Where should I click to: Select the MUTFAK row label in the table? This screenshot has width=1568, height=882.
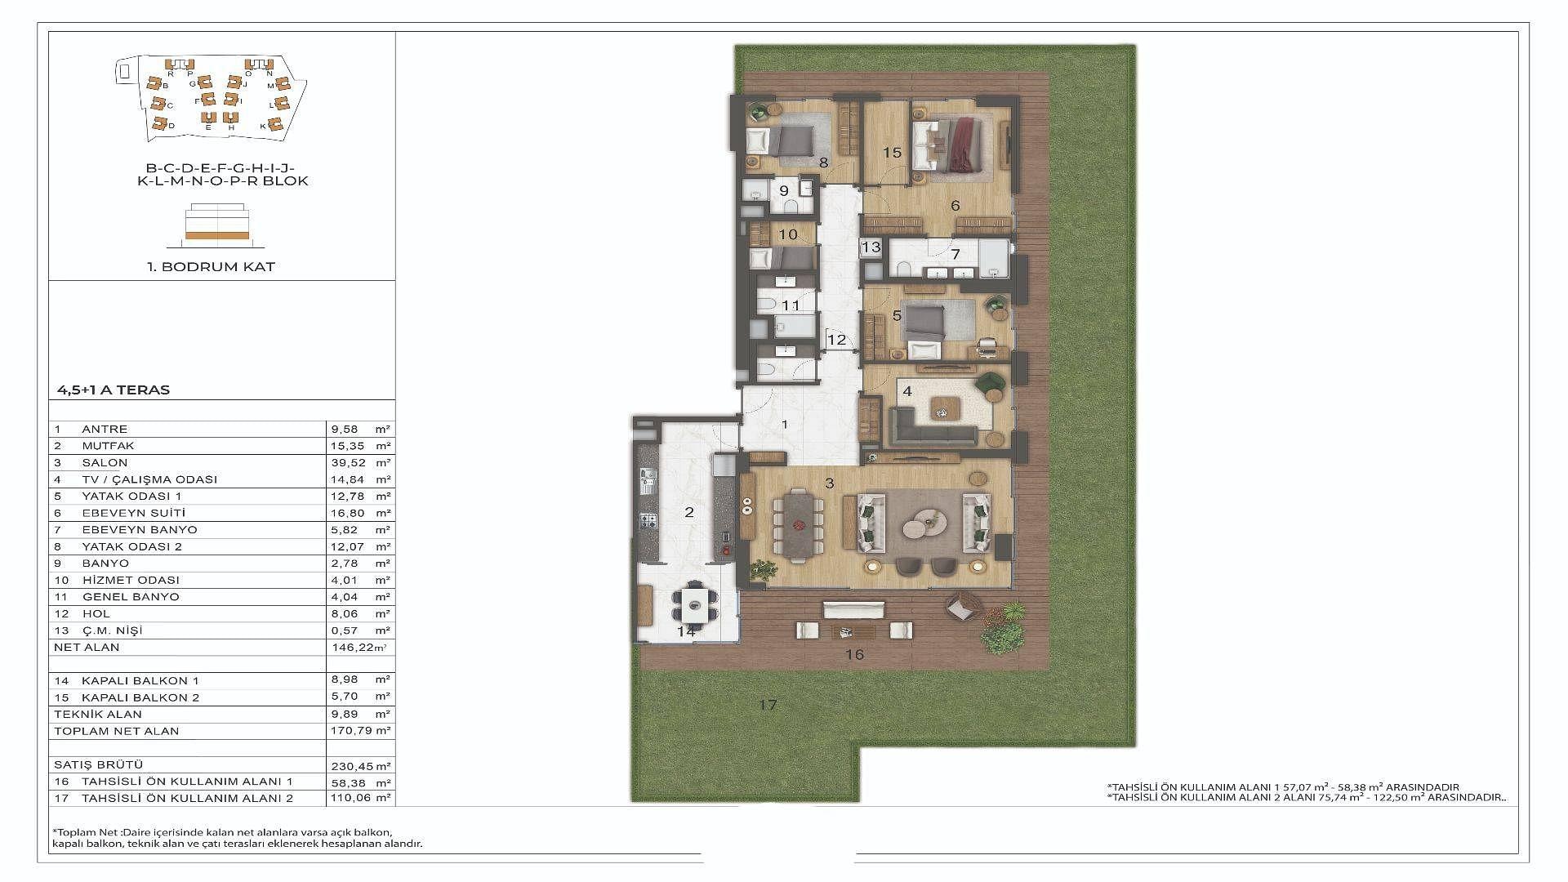tap(108, 446)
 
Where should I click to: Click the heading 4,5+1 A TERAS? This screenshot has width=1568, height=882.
tap(114, 390)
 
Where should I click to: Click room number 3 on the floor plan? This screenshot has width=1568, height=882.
tap(830, 483)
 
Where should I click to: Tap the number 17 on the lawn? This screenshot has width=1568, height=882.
tap(767, 704)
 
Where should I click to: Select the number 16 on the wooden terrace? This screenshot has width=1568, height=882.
tap(854, 654)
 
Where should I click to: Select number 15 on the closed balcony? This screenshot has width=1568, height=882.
tap(892, 153)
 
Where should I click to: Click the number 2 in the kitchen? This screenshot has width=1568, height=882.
tap(689, 512)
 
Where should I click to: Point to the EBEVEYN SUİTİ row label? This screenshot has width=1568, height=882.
tap(134, 513)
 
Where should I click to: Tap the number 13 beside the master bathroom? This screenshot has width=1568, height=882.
tap(871, 247)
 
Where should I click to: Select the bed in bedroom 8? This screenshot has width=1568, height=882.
tap(781, 141)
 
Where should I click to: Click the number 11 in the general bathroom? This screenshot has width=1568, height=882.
tap(791, 305)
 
